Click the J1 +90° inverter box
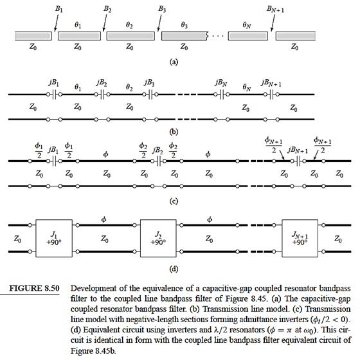tap(54, 239)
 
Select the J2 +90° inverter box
tap(158, 239)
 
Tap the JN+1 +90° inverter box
tap(300, 239)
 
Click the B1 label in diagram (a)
tap(59, 9)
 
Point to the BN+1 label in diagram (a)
tap(275, 9)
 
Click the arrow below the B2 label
tap(105, 23)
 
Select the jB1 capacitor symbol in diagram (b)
tap(54, 95)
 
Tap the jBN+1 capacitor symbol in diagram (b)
tap(271, 95)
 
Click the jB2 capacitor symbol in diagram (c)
tap(159, 161)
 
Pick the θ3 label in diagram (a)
tap(184, 25)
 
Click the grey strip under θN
tap(248, 36)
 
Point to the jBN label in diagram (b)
tap(221, 82)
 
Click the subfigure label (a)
tap(174, 62)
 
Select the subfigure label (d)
tap(174, 269)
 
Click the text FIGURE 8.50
tap(34, 288)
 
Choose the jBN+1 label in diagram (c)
tap(298, 150)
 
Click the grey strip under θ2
tap(130, 36)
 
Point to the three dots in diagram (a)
tap(218, 36)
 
